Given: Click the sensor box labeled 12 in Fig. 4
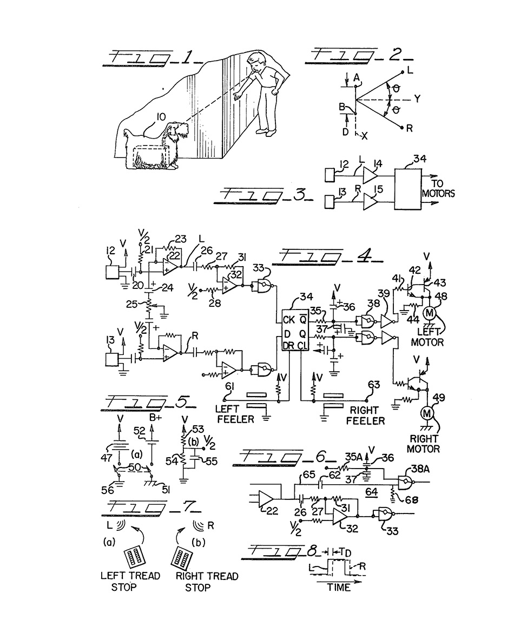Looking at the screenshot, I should pos(114,270).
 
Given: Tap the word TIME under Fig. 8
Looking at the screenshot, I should pos(339,587).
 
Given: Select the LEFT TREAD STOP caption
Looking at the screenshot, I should pos(130,581).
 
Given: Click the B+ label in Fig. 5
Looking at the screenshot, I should pos(156,418).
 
